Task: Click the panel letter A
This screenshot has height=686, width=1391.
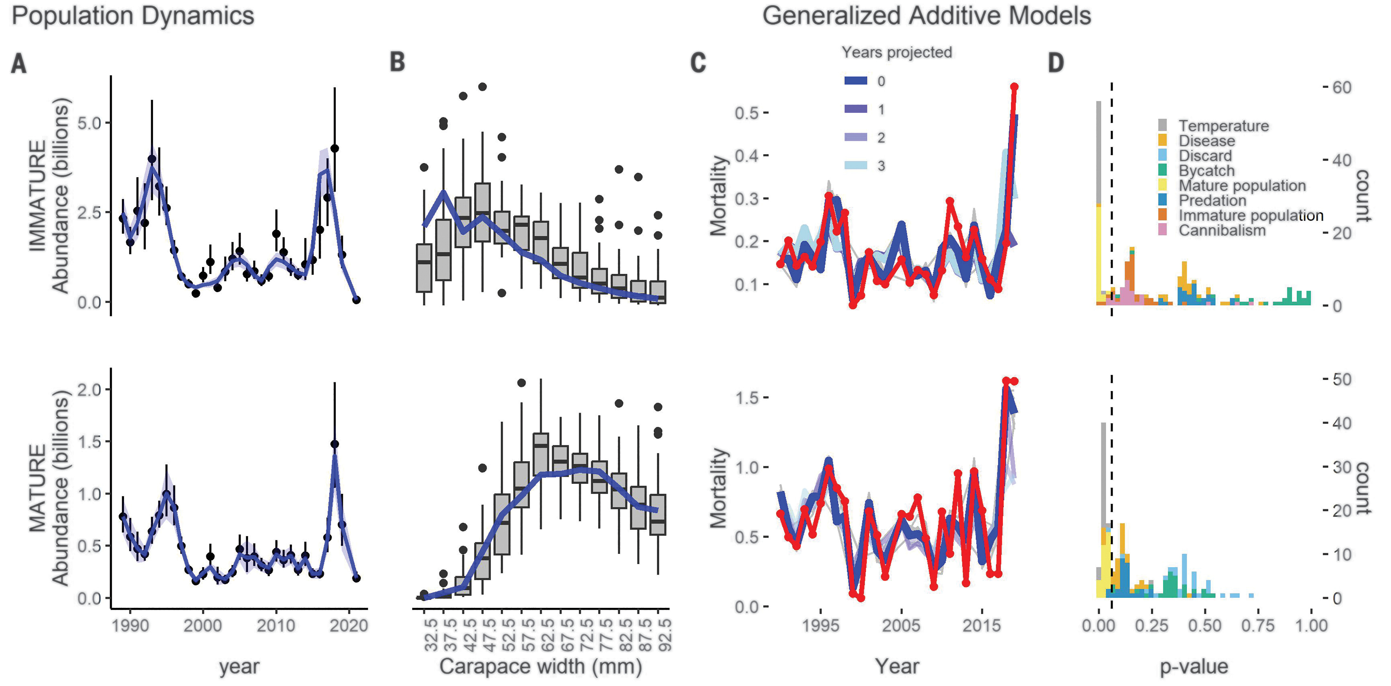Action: click(x=19, y=63)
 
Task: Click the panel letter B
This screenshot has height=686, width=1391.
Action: click(x=397, y=62)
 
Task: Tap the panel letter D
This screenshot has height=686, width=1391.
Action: click(x=1056, y=63)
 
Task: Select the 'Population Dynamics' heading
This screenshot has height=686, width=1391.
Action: click(x=133, y=16)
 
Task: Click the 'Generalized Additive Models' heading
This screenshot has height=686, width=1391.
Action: click(x=926, y=16)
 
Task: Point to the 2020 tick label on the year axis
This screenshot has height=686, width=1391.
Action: click(x=349, y=626)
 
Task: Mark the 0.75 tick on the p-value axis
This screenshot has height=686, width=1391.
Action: click(x=1258, y=626)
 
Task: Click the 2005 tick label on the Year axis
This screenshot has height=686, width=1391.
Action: click(x=901, y=626)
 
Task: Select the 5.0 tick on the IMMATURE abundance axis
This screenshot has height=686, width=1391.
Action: click(x=89, y=123)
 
